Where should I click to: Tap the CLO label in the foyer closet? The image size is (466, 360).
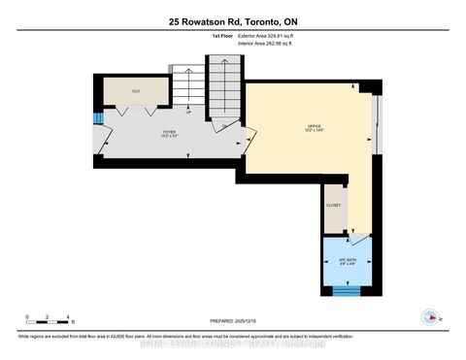click(137, 90)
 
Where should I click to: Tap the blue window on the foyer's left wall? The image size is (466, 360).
click(97, 119)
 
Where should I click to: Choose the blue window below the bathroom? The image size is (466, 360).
click(346, 288)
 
